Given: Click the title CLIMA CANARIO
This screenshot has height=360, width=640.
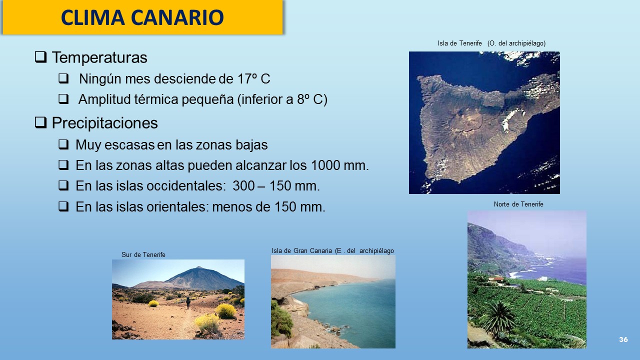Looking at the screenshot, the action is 142,17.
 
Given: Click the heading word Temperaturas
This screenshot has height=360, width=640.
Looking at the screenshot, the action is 99,57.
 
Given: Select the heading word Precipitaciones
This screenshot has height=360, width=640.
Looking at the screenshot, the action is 104,123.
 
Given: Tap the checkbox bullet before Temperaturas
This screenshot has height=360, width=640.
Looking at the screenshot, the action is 40,57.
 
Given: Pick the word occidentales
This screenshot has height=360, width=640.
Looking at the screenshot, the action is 184,186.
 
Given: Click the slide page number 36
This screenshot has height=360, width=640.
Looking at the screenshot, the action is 623,339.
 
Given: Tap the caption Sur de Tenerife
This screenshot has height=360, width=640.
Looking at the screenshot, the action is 143,254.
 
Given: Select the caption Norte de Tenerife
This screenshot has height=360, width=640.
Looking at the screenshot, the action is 518,204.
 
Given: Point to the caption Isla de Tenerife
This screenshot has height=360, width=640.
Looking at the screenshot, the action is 459,43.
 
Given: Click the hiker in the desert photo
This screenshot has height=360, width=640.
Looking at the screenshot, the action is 188,303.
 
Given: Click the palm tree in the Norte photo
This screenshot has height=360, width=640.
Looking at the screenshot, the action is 499,317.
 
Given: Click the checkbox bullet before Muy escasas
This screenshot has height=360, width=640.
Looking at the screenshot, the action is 63,144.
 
